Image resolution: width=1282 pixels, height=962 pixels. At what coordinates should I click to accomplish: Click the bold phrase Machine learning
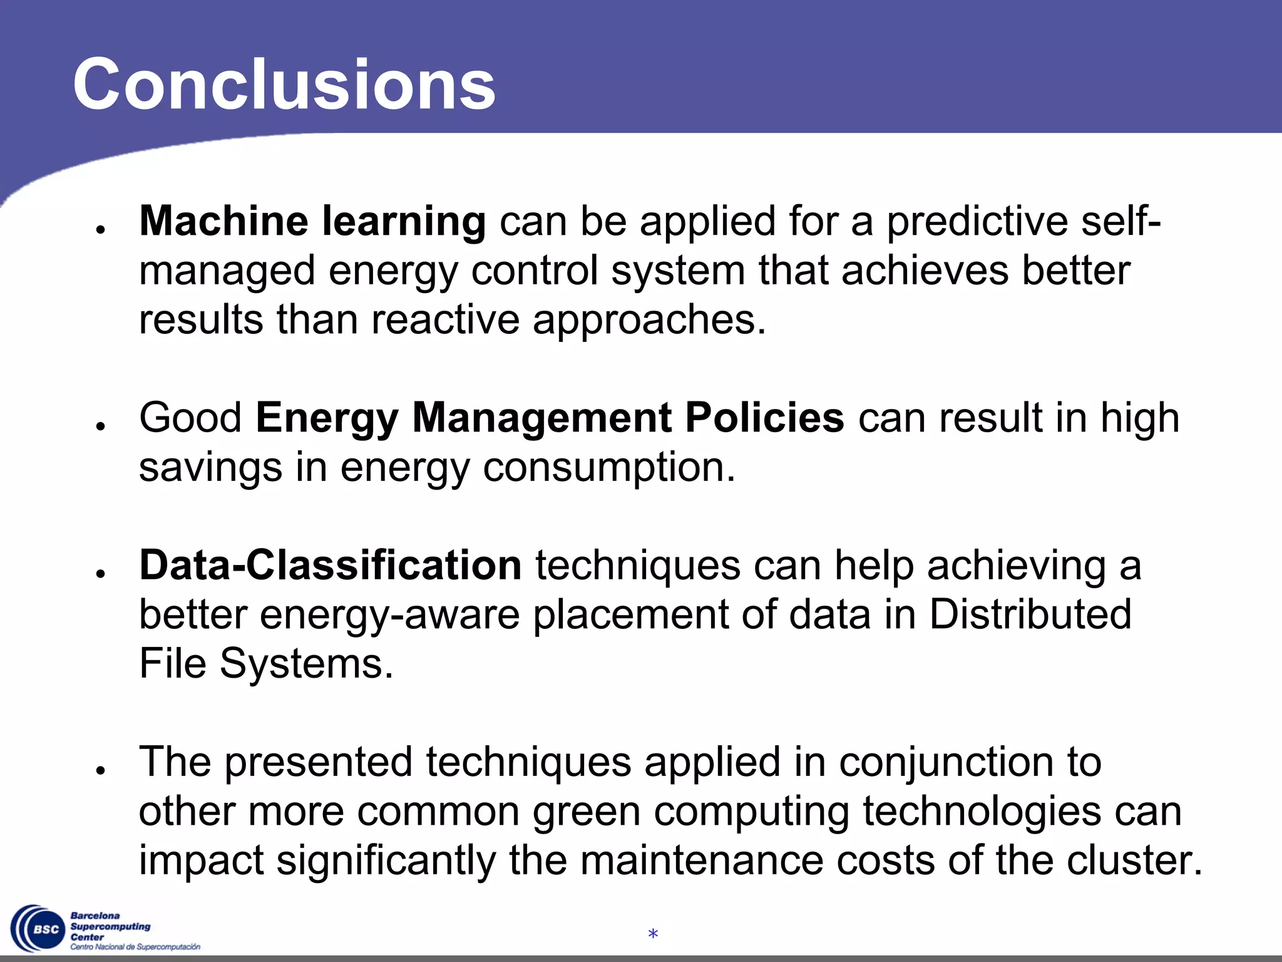point(312,221)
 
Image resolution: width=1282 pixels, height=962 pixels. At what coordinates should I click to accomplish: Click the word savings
point(210,468)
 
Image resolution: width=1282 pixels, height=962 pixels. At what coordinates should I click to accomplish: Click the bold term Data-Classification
point(330,565)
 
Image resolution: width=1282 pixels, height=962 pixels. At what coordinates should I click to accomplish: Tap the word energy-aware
point(389,615)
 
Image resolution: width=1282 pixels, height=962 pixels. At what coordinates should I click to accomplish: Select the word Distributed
point(1030,614)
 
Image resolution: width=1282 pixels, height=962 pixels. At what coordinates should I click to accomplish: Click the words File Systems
point(266,663)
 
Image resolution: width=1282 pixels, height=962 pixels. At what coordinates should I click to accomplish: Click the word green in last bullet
point(587,812)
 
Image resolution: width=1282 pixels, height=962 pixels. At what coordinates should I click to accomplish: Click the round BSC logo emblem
point(39,929)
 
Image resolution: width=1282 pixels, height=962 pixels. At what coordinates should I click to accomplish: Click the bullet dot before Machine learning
point(100,230)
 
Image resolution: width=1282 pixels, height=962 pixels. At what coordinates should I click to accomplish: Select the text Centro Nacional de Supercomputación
point(135,947)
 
